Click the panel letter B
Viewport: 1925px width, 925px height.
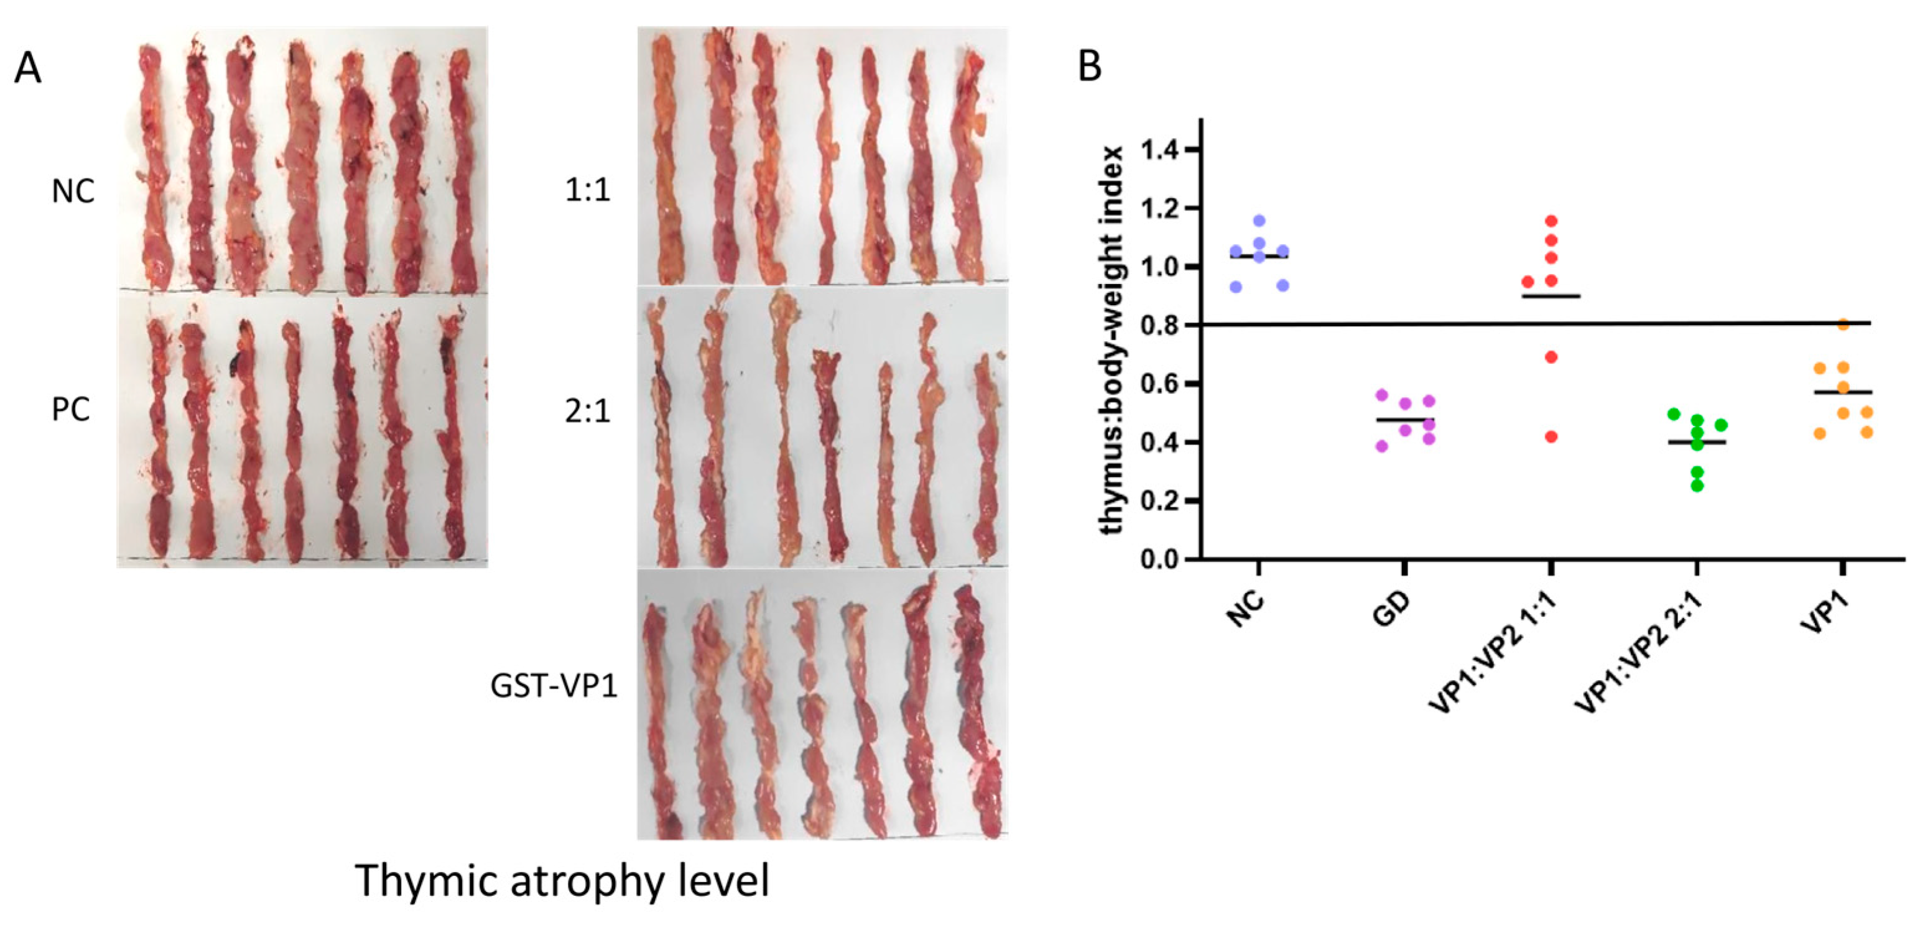[1090, 67]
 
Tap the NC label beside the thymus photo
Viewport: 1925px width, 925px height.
[73, 192]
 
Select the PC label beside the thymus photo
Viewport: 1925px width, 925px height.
[71, 408]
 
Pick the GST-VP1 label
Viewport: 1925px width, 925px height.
[554, 685]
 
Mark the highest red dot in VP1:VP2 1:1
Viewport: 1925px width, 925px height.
[1551, 221]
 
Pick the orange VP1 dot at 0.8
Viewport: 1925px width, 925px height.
[1843, 324]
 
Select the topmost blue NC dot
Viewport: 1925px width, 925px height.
[1259, 221]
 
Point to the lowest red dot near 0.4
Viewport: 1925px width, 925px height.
[1551, 437]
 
